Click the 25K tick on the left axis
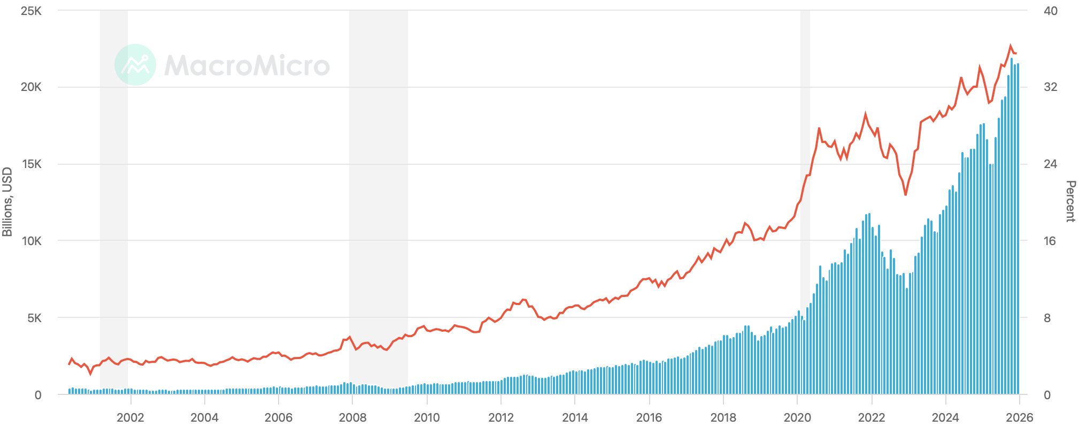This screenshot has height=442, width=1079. (31, 11)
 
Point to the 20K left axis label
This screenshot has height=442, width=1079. (31, 87)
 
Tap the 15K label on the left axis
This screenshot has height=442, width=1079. (31, 164)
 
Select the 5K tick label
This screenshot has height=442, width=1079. (34, 318)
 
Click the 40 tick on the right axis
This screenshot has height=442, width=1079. (1050, 11)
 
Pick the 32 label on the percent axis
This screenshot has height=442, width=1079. (1050, 87)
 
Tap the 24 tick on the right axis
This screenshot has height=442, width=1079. (1050, 164)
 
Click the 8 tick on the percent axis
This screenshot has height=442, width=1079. (1047, 318)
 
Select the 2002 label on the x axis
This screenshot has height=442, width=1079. (130, 418)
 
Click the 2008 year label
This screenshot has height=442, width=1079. (353, 418)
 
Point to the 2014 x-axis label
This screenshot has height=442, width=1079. (575, 418)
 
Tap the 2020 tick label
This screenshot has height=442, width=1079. (797, 418)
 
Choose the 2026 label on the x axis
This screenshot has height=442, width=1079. (1019, 418)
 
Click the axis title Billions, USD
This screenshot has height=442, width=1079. (7, 202)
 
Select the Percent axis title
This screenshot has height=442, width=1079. (1070, 202)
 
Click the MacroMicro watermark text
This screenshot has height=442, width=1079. (247, 65)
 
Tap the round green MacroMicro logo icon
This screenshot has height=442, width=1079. (135, 65)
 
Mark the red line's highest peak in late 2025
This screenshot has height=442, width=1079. (1011, 46)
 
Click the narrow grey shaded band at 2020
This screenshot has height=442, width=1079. (805, 161)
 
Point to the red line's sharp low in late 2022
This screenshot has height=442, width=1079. (905, 194)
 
